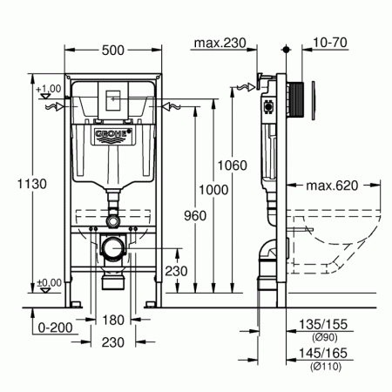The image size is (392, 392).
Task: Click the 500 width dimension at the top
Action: click(111, 51)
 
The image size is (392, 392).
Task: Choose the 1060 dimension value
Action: click(233, 165)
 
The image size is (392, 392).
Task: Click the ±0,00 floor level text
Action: click(48, 281)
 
